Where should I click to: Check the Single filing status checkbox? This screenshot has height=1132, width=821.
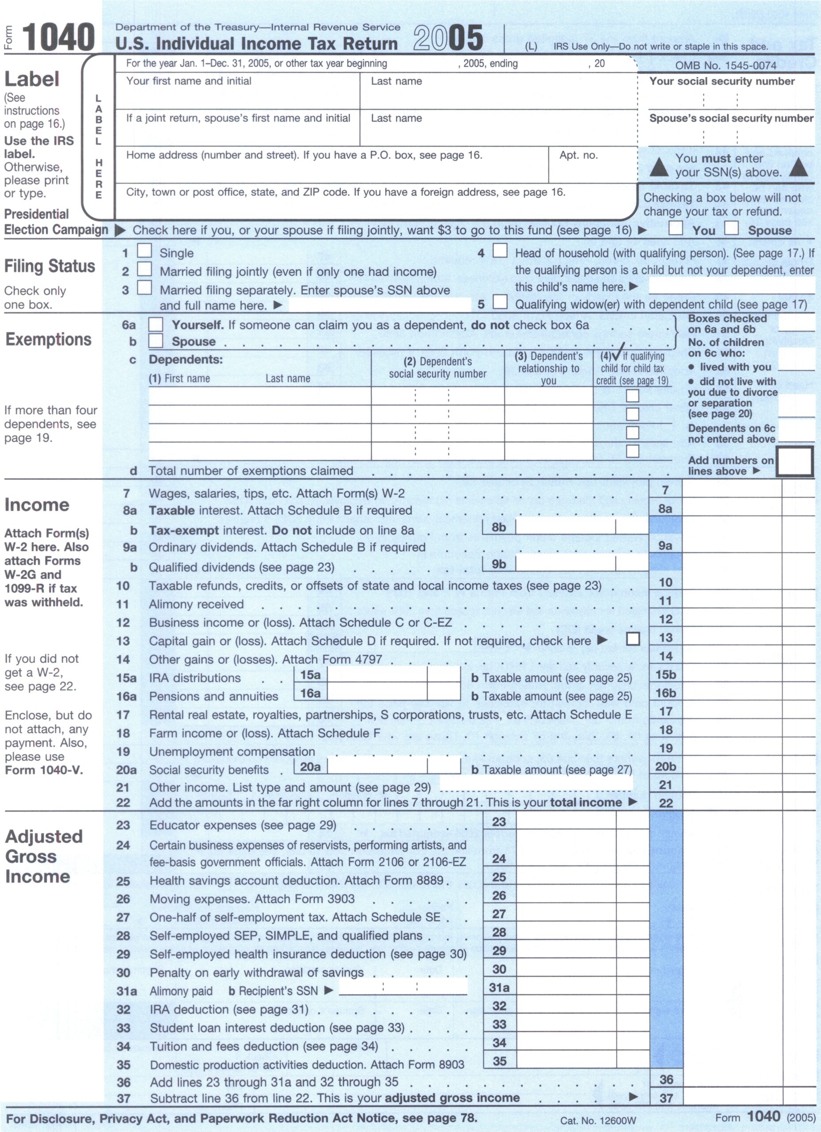pos(144,251)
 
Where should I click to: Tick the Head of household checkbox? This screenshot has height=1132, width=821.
pos(500,251)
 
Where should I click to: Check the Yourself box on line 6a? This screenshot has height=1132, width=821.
pos(156,325)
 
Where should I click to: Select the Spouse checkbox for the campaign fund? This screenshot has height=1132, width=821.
pos(731,228)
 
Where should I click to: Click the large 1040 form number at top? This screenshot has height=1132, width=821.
pos(58,38)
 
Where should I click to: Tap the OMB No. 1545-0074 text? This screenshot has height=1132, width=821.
pos(726,65)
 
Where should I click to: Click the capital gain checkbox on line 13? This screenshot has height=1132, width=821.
pos(633,639)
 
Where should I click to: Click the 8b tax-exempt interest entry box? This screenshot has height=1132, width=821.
pos(565,527)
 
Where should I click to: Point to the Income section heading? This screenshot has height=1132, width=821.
pos(37,505)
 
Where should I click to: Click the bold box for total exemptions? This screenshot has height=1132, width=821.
pos(795,461)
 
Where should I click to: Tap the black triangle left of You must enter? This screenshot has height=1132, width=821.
pos(659,167)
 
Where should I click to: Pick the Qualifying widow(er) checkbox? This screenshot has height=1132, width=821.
pos(500,302)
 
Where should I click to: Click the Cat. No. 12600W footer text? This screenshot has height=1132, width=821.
pos(597,1121)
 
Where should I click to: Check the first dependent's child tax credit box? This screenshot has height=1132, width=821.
pos(632,396)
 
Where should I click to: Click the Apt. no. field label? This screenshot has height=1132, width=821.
pos(578,155)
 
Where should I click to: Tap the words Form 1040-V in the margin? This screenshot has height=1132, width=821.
pos(44,770)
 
